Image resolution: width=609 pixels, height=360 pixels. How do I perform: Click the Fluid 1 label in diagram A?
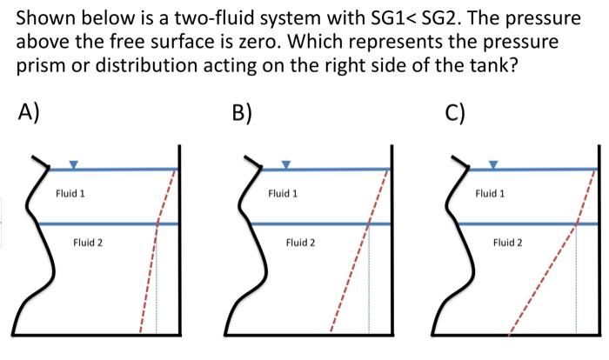click(x=70, y=193)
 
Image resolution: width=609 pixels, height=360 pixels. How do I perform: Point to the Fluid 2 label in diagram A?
click(x=88, y=243)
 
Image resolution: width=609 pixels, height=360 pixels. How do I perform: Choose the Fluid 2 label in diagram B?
click(x=300, y=243)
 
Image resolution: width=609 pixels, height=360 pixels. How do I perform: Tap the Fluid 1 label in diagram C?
click(x=490, y=193)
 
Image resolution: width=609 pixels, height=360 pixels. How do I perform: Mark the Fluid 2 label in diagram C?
click(x=508, y=243)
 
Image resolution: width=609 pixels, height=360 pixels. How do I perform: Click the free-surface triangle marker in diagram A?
click(x=73, y=163)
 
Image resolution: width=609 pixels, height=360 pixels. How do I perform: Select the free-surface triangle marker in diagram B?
click(x=285, y=163)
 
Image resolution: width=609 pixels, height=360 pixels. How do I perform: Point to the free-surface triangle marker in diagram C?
click(x=493, y=163)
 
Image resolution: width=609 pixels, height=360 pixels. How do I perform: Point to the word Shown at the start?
click(x=45, y=17)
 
